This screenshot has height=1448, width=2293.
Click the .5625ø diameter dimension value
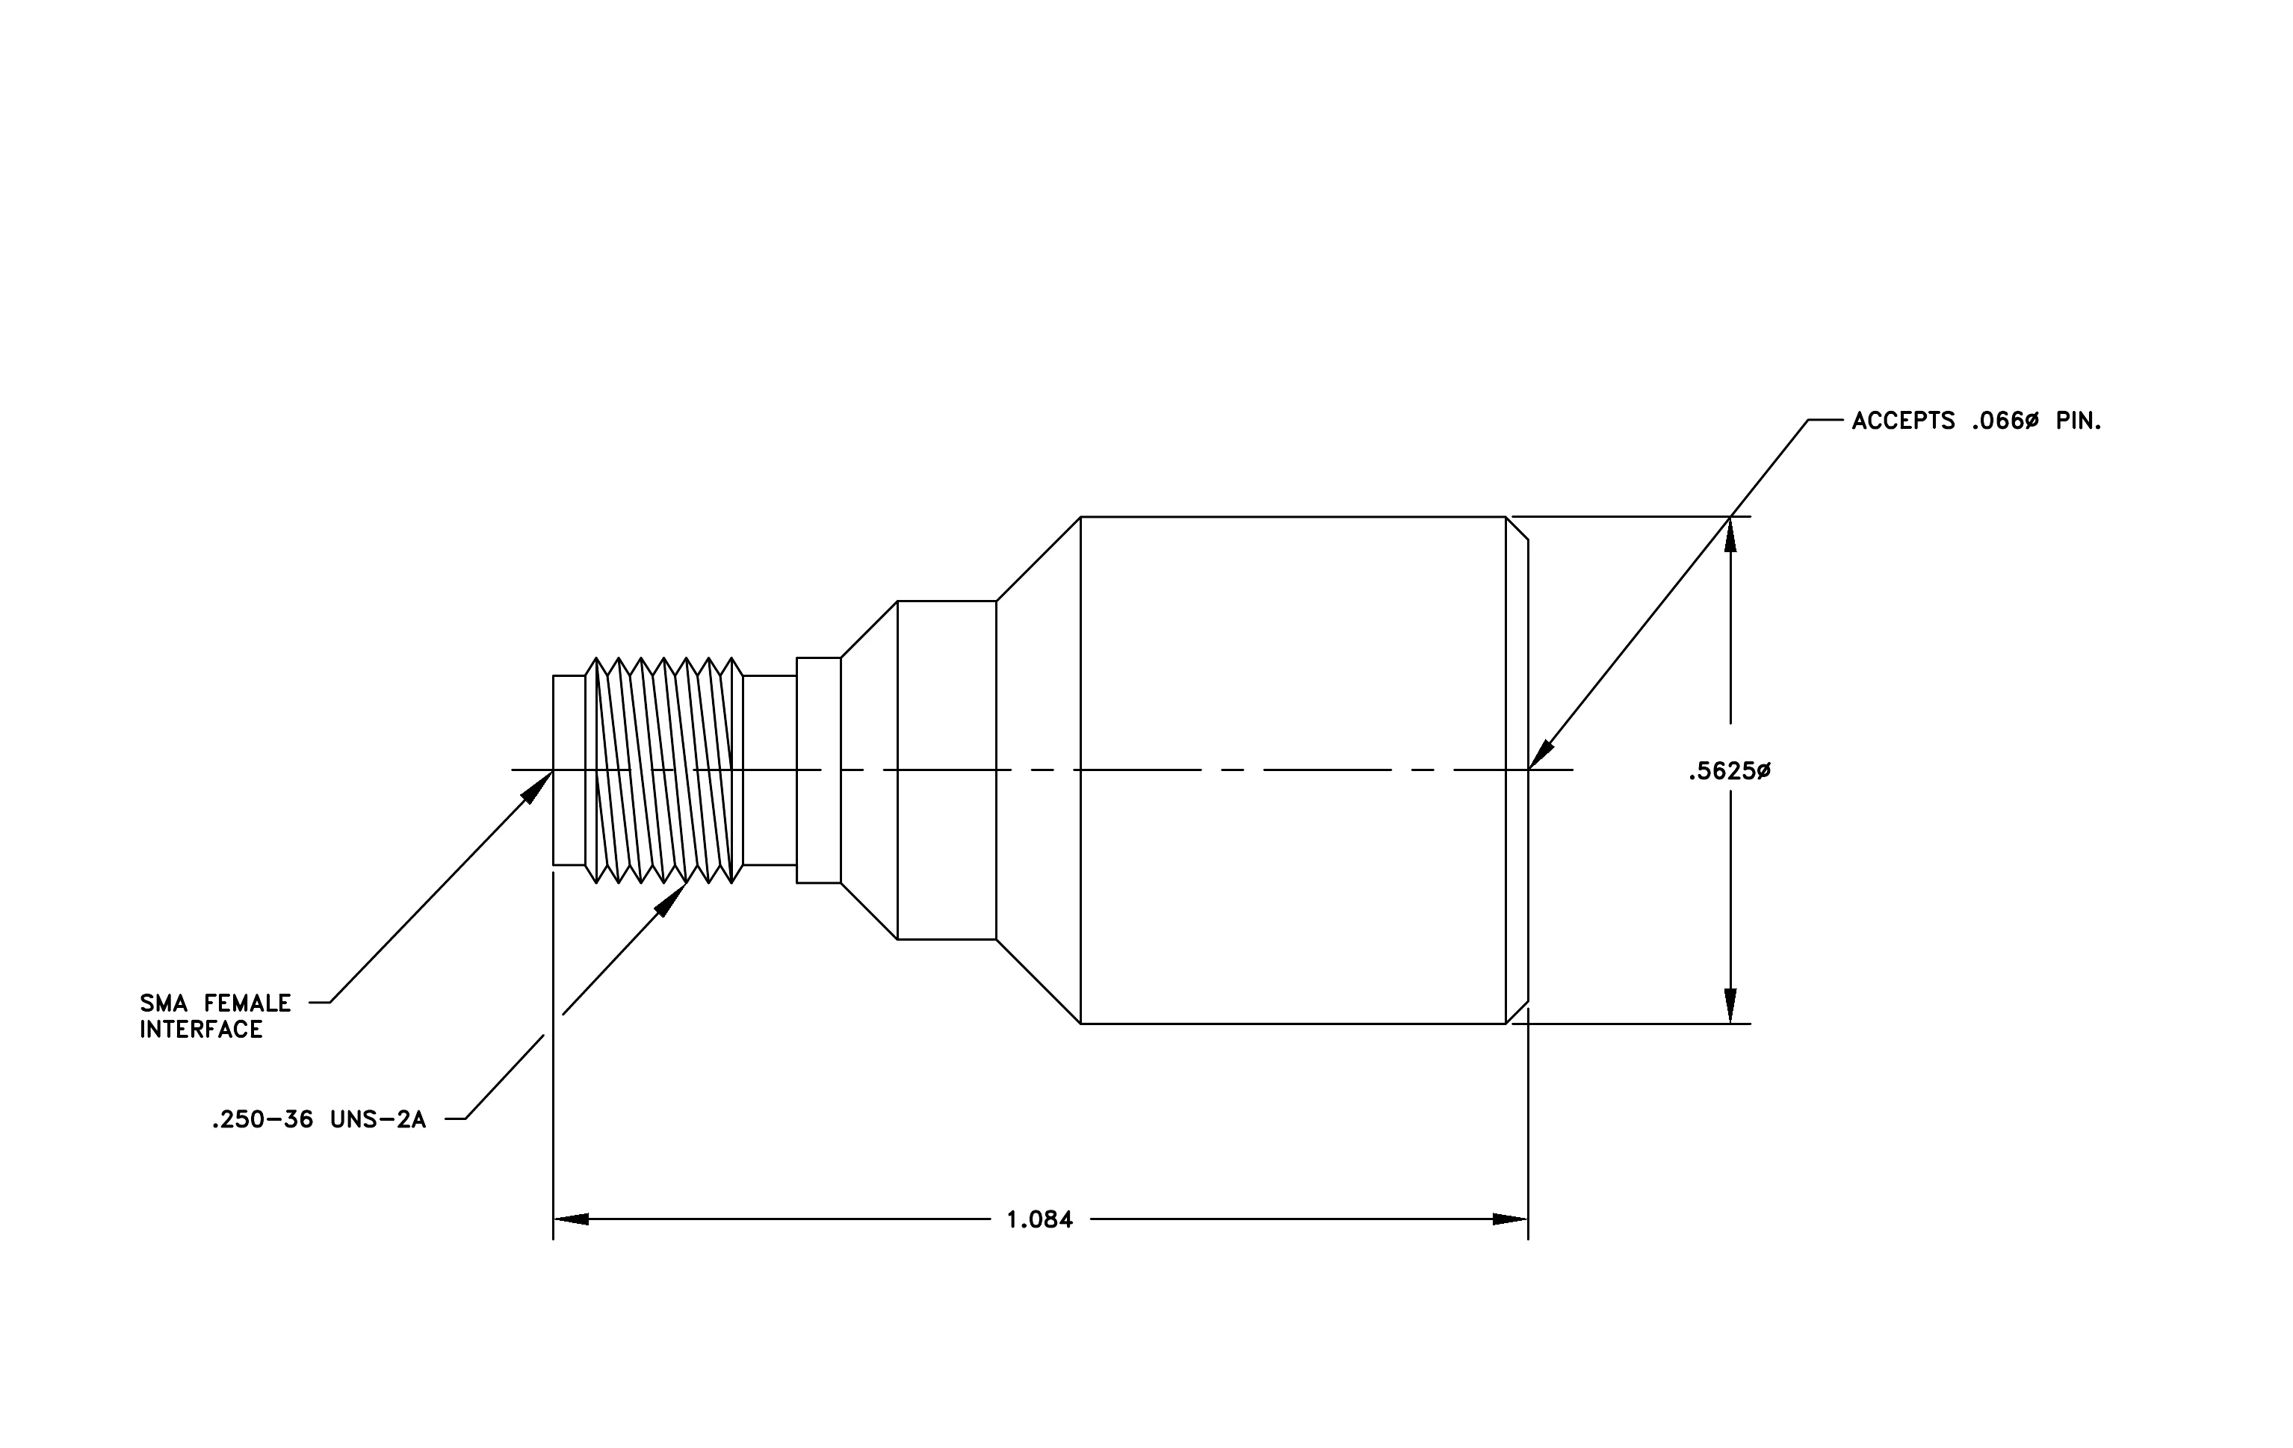1729,771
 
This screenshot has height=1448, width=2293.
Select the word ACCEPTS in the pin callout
1902,421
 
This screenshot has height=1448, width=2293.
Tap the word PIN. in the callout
2079,421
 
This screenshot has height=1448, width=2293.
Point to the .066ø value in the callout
2005,421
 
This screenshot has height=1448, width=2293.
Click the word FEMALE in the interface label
247,1003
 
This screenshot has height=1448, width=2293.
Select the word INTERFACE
201,1030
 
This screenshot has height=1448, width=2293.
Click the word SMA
164,1003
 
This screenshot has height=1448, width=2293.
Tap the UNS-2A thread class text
378,1121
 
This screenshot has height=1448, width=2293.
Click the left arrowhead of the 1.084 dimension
570,1219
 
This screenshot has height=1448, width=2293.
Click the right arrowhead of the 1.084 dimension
1510,1219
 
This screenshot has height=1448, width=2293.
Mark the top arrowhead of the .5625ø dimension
1730,534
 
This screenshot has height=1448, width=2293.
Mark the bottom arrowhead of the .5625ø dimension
1730,1006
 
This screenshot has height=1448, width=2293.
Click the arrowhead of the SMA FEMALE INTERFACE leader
539,785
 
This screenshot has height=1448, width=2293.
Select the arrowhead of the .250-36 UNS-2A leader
672,899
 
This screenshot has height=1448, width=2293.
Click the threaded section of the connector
663,770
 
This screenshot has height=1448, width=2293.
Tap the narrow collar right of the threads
819,770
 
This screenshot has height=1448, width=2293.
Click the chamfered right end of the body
1517,770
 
